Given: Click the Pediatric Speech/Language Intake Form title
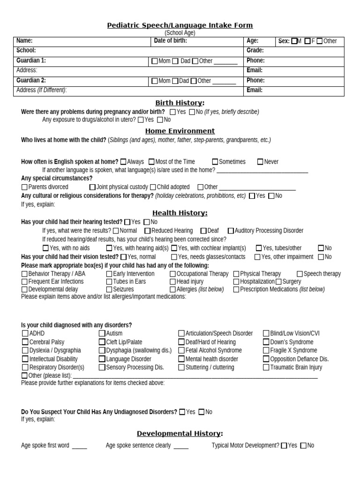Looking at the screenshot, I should pyautogui.click(x=180, y=25).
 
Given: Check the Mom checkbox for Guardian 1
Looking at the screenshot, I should pyautogui.click(x=155, y=61).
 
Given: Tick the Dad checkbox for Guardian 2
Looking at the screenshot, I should pyautogui.click(x=175, y=81).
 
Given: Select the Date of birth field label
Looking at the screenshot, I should pyautogui.click(x=171, y=41).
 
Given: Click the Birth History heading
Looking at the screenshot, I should pyautogui.click(x=180, y=103).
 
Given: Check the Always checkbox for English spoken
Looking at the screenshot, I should pyautogui.click(x=123, y=162).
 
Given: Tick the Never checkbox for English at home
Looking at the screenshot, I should pyautogui.click(x=260, y=162).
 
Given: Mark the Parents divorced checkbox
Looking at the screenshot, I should pyautogui.click(x=24, y=187).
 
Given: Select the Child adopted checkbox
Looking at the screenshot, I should pyautogui.click(x=153, y=187).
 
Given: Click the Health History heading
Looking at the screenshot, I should pyautogui.click(x=180, y=213).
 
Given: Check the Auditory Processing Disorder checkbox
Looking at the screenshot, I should pyautogui.click(x=231, y=231).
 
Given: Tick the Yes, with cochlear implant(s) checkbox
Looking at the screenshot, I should pyautogui.click(x=174, y=248).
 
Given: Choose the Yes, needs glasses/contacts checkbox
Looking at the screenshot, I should pyautogui.click(x=174, y=257).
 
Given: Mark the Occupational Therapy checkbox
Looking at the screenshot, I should pyautogui.click(x=172, y=274).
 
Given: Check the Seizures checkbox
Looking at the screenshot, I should pyautogui.click(x=109, y=290).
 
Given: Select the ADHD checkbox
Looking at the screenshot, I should pyautogui.click(x=25, y=333).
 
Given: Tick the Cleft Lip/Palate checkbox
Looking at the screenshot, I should pyautogui.click(x=102, y=342).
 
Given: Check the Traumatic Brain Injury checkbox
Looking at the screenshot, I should pyautogui.click(x=266, y=367).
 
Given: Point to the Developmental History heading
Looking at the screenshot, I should pyautogui.click(x=180, y=434).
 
